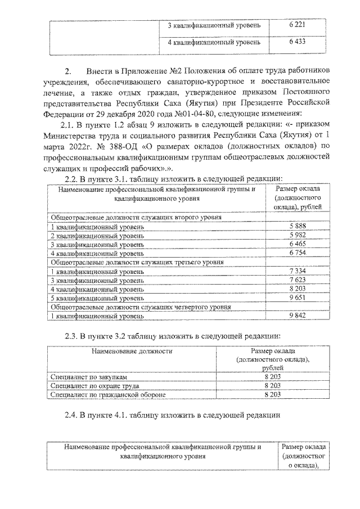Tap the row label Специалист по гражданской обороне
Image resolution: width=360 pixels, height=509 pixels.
coord(109,395)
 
